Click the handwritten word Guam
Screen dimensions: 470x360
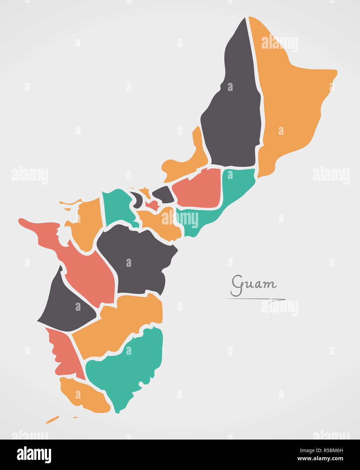click(x=253, y=285)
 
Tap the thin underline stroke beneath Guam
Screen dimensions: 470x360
click(x=254, y=299)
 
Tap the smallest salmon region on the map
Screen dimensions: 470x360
click(x=152, y=205)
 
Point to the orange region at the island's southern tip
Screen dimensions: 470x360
click(x=85, y=396)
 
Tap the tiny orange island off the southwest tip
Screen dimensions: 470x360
click(x=52, y=420)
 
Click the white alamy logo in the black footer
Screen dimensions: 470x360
click(x=34, y=455)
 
